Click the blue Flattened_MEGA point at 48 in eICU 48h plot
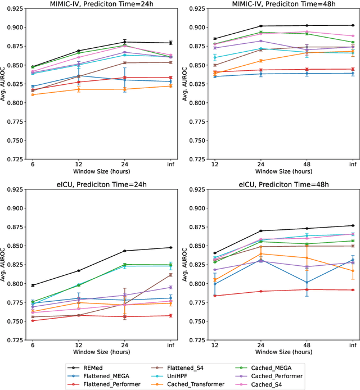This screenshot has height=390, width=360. point(307,282)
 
